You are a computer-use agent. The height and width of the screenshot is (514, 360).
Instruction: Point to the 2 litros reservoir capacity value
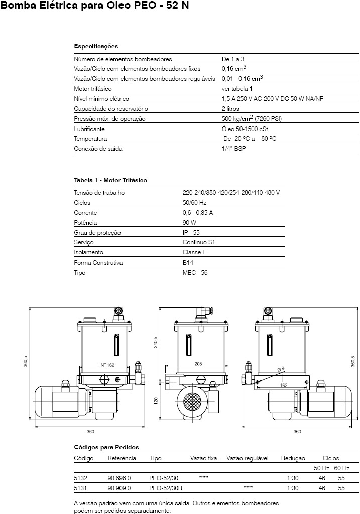tap(230, 109)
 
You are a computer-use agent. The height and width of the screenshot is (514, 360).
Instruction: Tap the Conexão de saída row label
tap(98, 149)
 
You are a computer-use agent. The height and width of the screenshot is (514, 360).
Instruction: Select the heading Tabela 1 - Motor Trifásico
tap(110, 180)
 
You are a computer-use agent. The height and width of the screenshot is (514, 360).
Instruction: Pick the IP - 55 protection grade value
tap(191, 233)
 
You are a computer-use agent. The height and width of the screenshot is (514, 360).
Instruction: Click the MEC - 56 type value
tap(195, 273)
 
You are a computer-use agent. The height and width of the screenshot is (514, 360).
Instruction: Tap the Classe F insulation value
tap(194, 252)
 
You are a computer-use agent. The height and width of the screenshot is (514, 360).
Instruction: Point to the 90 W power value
tap(189, 223)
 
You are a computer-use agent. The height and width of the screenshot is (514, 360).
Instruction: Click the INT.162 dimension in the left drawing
tap(107, 365)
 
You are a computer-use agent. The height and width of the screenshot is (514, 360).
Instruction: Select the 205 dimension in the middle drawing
tap(198, 365)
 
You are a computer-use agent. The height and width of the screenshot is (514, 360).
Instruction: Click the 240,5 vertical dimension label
tap(156, 342)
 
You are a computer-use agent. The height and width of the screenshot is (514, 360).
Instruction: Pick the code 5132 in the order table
tap(80, 477)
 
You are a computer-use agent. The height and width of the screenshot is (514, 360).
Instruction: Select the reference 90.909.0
tap(119, 488)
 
